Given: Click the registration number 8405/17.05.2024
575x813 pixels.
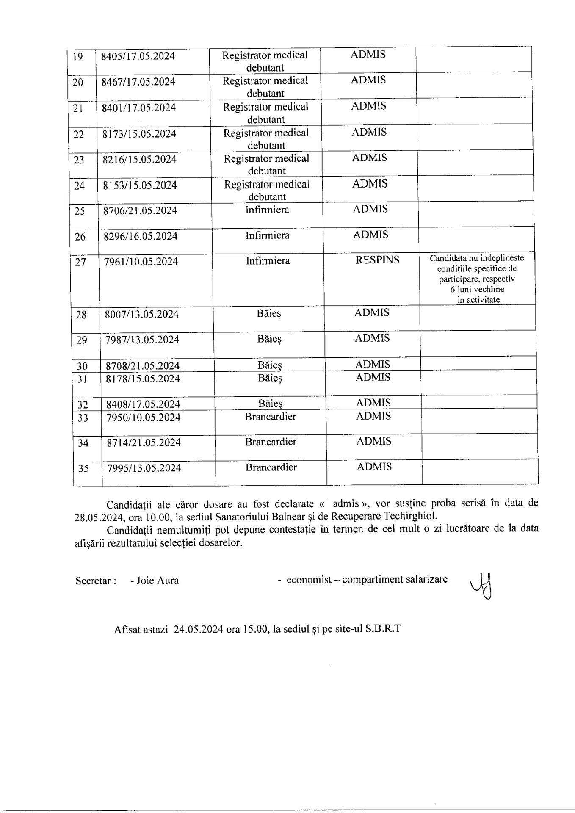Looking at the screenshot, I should pyautogui.click(x=138, y=56).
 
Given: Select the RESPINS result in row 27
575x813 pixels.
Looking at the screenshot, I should pyautogui.click(x=377, y=260).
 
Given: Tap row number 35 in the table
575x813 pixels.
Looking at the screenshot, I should pyautogui.click(x=83, y=469).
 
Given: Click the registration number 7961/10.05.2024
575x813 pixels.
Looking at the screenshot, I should pyautogui.click(x=141, y=262).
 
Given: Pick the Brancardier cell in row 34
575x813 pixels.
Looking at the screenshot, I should pyautogui.click(x=271, y=442).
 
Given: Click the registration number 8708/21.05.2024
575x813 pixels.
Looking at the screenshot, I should pyautogui.click(x=143, y=366).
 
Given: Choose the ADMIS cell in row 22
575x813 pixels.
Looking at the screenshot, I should pyautogui.click(x=369, y=132).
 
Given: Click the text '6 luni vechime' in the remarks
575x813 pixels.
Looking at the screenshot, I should pyautogui.click(x=477, y=290).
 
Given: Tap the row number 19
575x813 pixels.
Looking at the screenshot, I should pyautogui.click(x=78, y=56).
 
